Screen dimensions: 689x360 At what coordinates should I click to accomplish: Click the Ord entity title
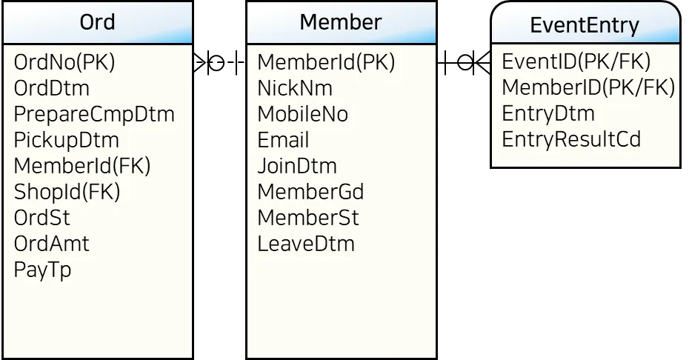point(97,21)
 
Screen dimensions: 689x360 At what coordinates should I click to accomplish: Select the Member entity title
point(340,21)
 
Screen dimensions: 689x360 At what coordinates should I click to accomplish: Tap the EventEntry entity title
point(585,25)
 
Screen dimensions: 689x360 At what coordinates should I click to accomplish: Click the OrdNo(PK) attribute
point(64,62)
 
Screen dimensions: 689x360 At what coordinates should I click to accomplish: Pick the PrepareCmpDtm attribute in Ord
point(94,114)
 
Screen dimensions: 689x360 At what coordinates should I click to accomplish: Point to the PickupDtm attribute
point(66,140)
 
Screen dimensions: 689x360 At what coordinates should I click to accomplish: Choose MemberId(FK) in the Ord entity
point(82,166)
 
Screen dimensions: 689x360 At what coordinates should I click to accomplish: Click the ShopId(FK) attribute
point(67,192)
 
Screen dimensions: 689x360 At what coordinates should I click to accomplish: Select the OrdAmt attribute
point(51,244)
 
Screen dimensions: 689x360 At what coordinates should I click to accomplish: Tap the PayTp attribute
point(42,270)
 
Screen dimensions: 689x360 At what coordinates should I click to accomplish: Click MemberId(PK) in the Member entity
point(326,62)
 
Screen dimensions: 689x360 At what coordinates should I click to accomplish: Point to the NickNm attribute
point(295,88)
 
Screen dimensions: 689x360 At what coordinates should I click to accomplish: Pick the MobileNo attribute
point(302,114)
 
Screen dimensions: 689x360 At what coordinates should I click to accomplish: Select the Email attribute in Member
point(283,140)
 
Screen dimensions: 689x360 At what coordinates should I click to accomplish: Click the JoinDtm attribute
point(296,166)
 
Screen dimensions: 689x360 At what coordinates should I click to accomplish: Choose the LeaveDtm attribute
point(305,244)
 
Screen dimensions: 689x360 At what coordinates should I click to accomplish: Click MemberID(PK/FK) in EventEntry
point(588,87)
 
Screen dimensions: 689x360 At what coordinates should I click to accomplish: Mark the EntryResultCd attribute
point(570,139)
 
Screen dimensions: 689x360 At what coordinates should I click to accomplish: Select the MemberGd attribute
point(310,192)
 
